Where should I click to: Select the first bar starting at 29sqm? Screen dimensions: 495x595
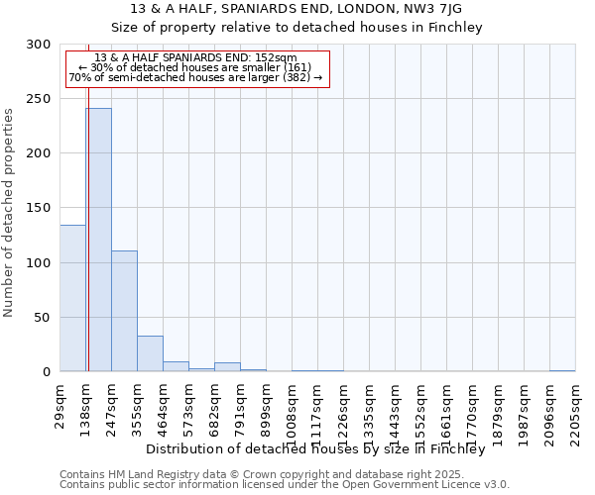pyautogui.click(x=72, y=298)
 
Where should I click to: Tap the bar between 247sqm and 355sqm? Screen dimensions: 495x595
pyautogui.click(x=124, y=311)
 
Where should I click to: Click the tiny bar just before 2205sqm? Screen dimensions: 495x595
pyautogui.click(x=562, y=370)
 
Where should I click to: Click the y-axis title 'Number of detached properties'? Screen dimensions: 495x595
pyautogui.click(x=9, y=213)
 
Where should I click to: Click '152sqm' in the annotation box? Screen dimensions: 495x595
pyautogui.click(x=277, y=58)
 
